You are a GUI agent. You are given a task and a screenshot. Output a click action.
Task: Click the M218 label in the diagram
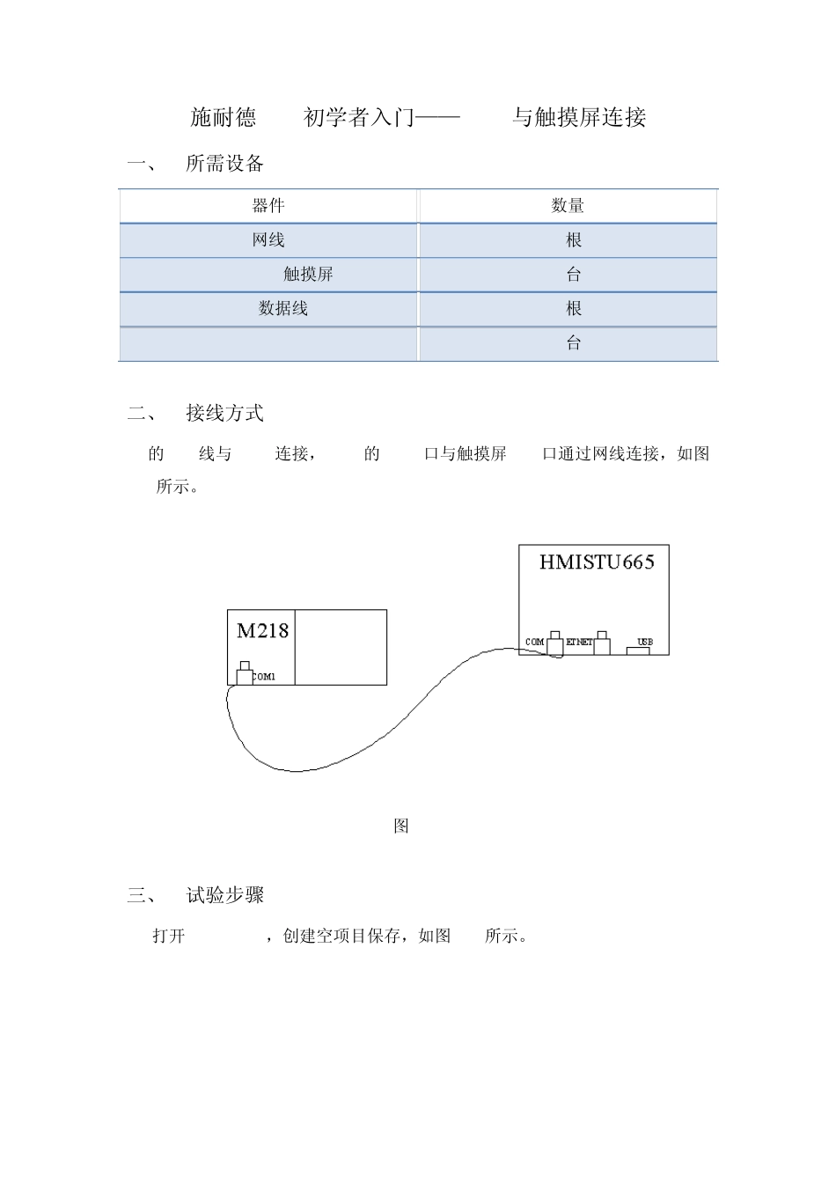(x=262, y=630)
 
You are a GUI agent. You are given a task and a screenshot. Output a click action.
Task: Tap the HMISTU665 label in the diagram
(x=597, y=562)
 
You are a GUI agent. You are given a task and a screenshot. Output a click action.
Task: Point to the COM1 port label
(x=264, y=677)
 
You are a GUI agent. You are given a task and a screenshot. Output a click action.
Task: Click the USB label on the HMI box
(x=645, y=642)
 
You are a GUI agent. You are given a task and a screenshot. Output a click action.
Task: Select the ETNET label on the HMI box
(x=578, y=643)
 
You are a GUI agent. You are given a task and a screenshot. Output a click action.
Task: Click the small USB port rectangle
(x=638, y=650)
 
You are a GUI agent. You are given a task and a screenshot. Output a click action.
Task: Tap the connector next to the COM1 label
(x=245, y=675)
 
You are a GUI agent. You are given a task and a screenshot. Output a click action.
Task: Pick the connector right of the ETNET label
(x=602, y=645)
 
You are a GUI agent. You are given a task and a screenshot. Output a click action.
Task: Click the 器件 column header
(x=268, y=206)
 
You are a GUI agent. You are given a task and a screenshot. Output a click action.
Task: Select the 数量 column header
(x=568, y=206)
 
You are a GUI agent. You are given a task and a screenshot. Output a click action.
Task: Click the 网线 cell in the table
(x=268, y=240)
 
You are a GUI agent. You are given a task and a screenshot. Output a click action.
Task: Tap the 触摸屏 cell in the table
(x=308, y=275)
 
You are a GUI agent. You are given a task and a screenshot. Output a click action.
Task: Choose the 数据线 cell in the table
(x=283, y=309)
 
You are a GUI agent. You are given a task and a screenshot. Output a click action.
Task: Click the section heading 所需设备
(x=225, y=164)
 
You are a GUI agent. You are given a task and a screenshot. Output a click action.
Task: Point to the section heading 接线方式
(x=225, y=414)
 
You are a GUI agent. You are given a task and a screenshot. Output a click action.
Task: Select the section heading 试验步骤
(x=225, y=896)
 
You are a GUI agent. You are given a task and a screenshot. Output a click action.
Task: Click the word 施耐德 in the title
(x=224, y=117)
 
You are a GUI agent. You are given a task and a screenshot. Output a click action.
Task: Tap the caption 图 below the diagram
(x=401, y=827)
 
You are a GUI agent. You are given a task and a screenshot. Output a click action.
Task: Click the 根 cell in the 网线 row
(x=574, y=240)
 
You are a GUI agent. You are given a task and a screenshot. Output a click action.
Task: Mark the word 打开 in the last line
(x=169, y=937)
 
